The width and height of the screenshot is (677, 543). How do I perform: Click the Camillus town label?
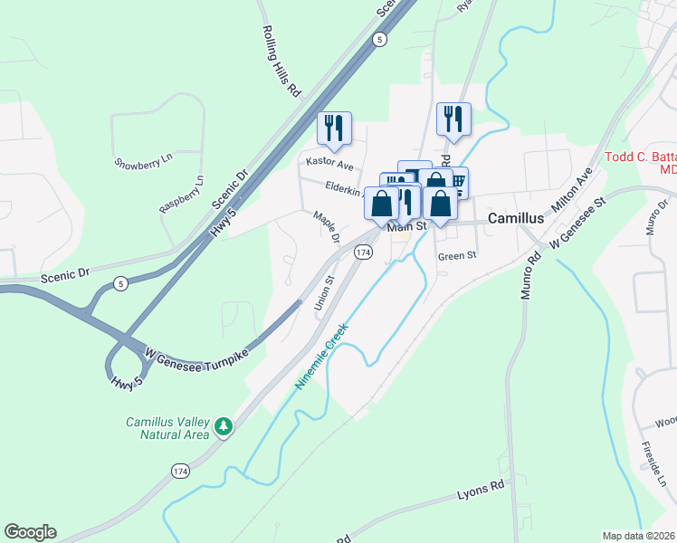coord(515,219)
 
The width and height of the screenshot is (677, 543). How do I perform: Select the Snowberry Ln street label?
coord(137,163)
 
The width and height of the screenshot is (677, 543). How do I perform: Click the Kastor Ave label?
coord(329,165)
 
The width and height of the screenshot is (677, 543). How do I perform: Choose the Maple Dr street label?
coord(326,227)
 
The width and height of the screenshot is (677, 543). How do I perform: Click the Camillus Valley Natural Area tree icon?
coord(224,424)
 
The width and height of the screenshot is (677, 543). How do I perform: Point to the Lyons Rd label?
coord(480,491)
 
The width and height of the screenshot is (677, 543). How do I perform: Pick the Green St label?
coord(457,256)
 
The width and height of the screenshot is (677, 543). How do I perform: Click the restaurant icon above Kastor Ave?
coord(334,128)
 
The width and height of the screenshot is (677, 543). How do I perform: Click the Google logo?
coord(30,532)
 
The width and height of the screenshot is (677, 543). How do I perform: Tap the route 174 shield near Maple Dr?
coord(363,251)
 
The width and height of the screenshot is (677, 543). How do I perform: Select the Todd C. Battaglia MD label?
coord(642,163)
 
